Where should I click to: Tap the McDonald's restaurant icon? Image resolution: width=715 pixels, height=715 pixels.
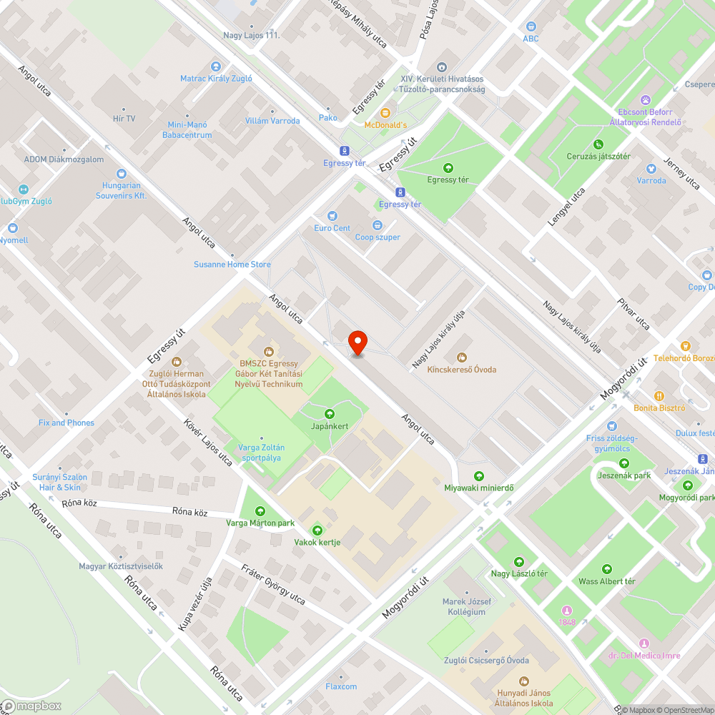click(x=385, y=113)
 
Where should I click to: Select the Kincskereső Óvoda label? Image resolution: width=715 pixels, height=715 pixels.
click(x=461, y=369)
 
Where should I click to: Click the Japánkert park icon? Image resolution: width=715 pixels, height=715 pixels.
click(x=330, y=414)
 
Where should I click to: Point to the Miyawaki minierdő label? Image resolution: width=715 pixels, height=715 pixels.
click(x=479, y=488)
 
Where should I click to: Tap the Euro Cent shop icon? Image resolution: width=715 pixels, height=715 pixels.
click(x=332, y=216)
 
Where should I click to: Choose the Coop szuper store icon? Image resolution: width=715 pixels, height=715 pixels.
click(x=378, y=225)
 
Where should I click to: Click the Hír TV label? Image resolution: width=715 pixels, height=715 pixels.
click(x=124, y=118)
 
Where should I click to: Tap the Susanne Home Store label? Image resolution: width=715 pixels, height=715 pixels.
click(x=232, y=265)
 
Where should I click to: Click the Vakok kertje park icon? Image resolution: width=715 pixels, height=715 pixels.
click(x=317, y=530)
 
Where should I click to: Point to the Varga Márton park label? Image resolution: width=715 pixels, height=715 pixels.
click(x=260, y=523)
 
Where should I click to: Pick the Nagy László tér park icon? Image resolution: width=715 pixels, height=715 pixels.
click(x=519, y=561)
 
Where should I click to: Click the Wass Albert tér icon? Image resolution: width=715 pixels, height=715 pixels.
click(x=606, y=569)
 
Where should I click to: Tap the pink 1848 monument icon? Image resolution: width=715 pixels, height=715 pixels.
click(x=566, y=610)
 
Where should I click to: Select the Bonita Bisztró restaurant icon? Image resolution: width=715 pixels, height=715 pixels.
click(x=659, y=395)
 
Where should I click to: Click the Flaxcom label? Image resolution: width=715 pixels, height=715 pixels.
click(x=341, y=686)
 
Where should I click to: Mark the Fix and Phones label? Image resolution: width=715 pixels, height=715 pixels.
click(x=66, y=423)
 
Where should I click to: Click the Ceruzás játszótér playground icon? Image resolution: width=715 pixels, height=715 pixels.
click(x=598, y=144)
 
